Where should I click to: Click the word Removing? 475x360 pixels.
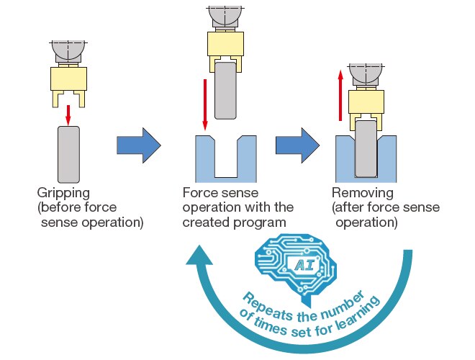(x=363, y=193)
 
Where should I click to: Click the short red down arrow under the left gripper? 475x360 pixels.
(x=68, y=113)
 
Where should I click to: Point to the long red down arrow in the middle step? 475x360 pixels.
(x=205, y=102)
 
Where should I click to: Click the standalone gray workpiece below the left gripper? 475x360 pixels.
(x=68, y=154)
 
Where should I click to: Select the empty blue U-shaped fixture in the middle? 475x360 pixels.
(x=226, y=161)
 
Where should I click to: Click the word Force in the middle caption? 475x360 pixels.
(x=199, y=193)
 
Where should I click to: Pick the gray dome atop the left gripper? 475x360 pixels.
(x=68, y=50)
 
